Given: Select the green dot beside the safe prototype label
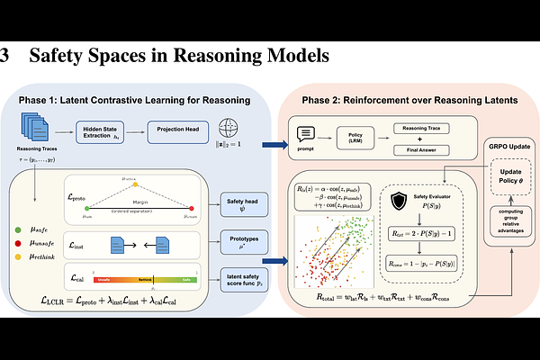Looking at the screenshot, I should click(18, 232).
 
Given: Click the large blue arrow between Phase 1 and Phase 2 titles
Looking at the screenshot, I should click(273, 142).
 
